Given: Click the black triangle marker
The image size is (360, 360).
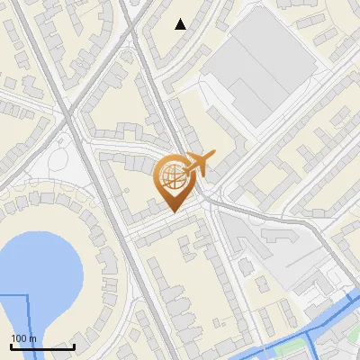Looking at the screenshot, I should (181, 24).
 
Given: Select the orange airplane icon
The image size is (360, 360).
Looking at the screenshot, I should (197, 164).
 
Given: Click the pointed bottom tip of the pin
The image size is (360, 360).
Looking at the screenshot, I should (172, 212).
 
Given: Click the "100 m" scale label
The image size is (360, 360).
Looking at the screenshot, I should (24, 338).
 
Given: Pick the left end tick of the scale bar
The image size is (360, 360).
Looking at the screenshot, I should (11, 346).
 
